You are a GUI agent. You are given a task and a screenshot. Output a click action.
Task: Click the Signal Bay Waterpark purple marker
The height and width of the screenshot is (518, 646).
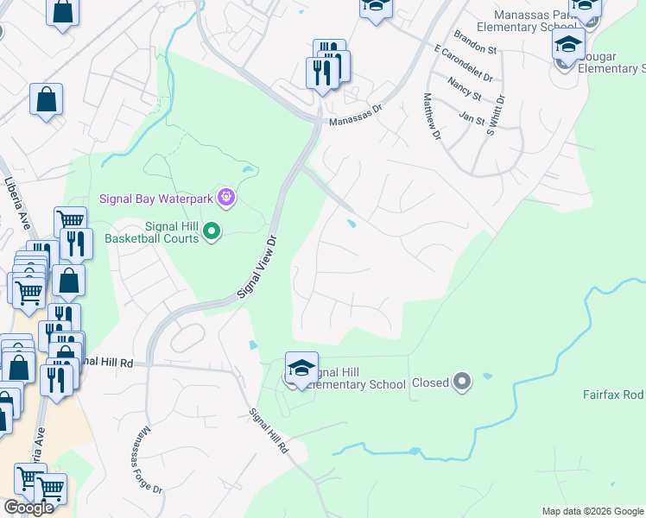coord(226,199)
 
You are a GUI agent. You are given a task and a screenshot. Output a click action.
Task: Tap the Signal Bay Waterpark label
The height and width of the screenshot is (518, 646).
coord(158,199)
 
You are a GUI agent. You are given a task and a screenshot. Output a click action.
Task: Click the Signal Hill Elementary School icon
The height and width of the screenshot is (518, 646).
coord(301,369)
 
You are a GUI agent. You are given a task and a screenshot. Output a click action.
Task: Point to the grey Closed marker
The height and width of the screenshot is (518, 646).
coord(462,382)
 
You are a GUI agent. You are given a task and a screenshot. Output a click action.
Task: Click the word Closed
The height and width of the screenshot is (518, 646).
coord(430,382)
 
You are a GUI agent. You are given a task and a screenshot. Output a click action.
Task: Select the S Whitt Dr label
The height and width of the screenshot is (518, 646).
coord(496,117)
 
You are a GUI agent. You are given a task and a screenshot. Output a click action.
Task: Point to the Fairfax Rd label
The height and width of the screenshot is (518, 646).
coord(613,395)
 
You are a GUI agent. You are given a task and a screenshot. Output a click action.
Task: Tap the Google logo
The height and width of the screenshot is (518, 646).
coord(28,507)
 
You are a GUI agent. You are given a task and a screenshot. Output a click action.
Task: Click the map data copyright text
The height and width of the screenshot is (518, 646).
coord(592,511)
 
